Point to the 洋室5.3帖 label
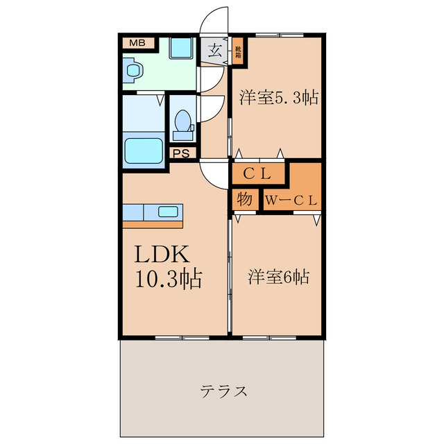279,97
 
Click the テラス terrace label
224,391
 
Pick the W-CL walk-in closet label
291,200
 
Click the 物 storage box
244,199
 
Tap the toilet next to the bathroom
183,123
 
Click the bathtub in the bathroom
143,151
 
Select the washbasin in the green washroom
133,70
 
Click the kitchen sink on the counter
169,212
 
